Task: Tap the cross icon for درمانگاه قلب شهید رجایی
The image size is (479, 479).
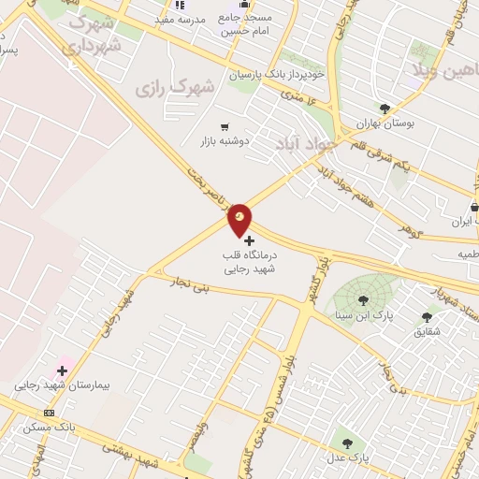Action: [249, 240]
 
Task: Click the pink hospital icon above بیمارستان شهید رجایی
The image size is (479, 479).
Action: [62, 371]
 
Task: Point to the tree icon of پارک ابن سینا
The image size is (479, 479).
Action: [363, 300]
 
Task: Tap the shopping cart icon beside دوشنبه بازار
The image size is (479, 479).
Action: [225, 127]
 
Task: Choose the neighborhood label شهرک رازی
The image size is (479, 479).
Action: [174, 87]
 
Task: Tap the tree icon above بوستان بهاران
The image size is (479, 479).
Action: [385, 109]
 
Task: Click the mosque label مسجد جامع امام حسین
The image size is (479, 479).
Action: [244, 24]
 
